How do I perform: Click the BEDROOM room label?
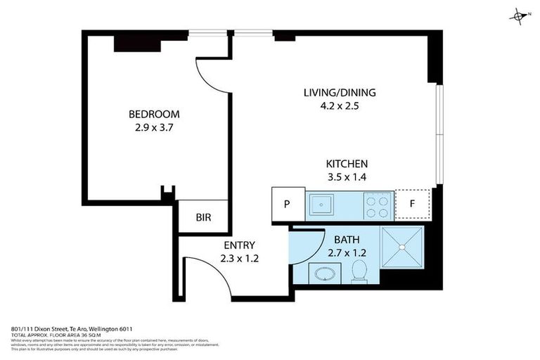click(153, 114)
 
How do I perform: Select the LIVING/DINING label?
click(340, 93)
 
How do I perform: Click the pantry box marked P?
click(288, 204)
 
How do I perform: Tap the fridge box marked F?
click(412, 204)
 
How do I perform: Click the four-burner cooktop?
click(378, 205)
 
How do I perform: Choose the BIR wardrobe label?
click(203, 218)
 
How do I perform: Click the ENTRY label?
click(239, 245)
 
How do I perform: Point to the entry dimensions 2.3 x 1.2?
click(239, 259)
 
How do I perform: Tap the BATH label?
click(347, 240)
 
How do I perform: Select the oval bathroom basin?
click(323, 274)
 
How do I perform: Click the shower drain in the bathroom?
click(402, 247)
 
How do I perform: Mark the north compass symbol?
click(519, 15)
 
